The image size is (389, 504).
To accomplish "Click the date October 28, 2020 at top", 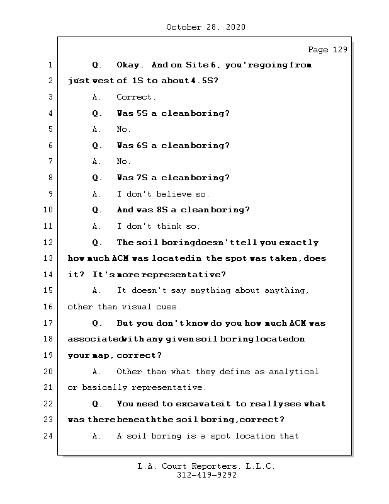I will tap(205, 27).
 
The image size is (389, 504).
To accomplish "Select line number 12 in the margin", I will tap(49, 243).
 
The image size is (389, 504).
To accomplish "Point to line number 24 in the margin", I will tap(49, 436).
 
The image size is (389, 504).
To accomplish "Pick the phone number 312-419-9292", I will tap(206, 476).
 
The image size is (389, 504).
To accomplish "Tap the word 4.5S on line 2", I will tap(202, 81).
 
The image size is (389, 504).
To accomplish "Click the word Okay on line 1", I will tap(131, 65).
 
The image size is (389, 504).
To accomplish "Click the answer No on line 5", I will tap(123, 129).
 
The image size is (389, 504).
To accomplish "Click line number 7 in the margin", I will tap(49, 162).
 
